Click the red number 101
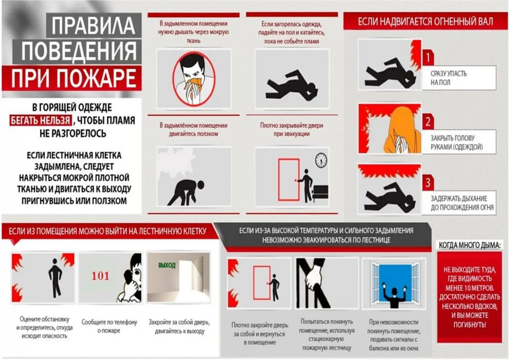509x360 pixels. (x=100, y=276)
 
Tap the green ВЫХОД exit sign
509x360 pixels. (x=167, y=265)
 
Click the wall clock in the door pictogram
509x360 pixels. (x=321, y=160)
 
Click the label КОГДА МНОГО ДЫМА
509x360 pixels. (x=468, y=245)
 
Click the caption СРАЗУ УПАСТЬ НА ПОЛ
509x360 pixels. (x=449, y=78)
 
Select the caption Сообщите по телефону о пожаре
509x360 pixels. (x=109, y=326)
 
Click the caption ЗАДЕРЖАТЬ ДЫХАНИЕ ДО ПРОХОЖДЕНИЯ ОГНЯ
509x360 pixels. (x=462, y=202)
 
